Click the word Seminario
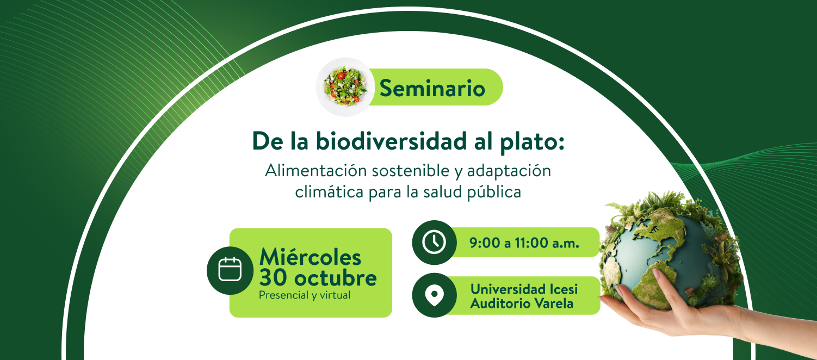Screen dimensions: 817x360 pos(432,88)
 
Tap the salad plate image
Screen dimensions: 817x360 pos(345,87)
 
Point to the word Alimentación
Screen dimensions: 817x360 pos(316,171)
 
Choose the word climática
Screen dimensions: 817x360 pos(329,192)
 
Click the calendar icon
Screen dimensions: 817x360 pos(230,270)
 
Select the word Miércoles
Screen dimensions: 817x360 pos(310,257)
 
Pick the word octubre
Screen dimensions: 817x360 pos(335,278)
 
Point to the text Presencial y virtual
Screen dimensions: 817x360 pos(305,295)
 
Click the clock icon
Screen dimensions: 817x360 pos(434,242)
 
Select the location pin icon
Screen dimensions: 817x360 pos(434,295)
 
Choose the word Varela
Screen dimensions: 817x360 pos(554,303)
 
